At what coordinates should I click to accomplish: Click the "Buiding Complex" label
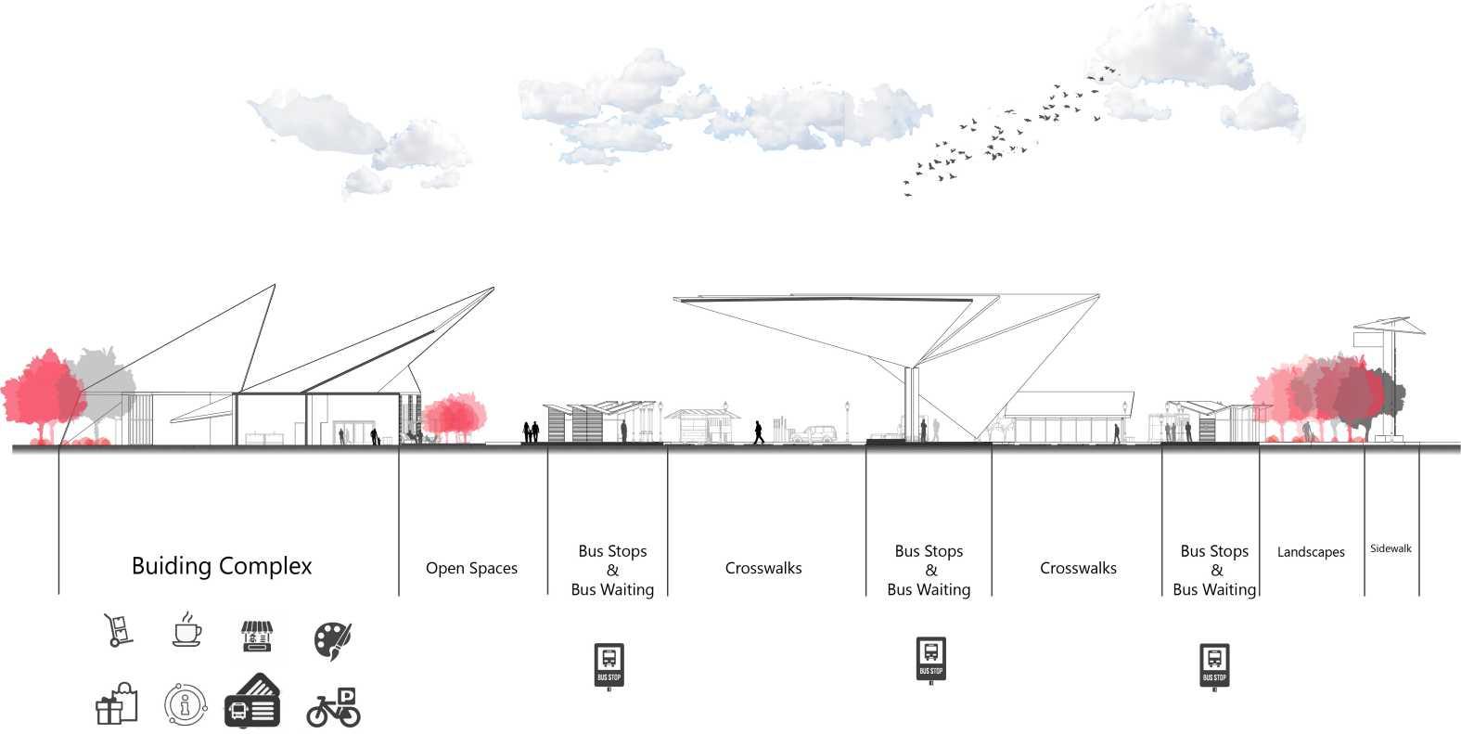pos(222,566)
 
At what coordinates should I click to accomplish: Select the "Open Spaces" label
pos(471,568)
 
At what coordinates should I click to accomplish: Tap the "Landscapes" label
pos(1311,552)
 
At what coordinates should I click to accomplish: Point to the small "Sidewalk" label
pos(1391,548)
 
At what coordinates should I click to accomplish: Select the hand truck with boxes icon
pos(118,630)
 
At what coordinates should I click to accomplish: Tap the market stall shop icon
pos(259,637)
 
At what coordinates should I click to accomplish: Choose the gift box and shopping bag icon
pos(118,705)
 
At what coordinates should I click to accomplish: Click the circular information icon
pos(186,704)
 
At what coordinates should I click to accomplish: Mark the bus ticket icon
pos(252,702)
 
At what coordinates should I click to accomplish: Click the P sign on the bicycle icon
pos(347,696)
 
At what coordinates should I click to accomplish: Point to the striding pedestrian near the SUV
pos(759,432)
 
